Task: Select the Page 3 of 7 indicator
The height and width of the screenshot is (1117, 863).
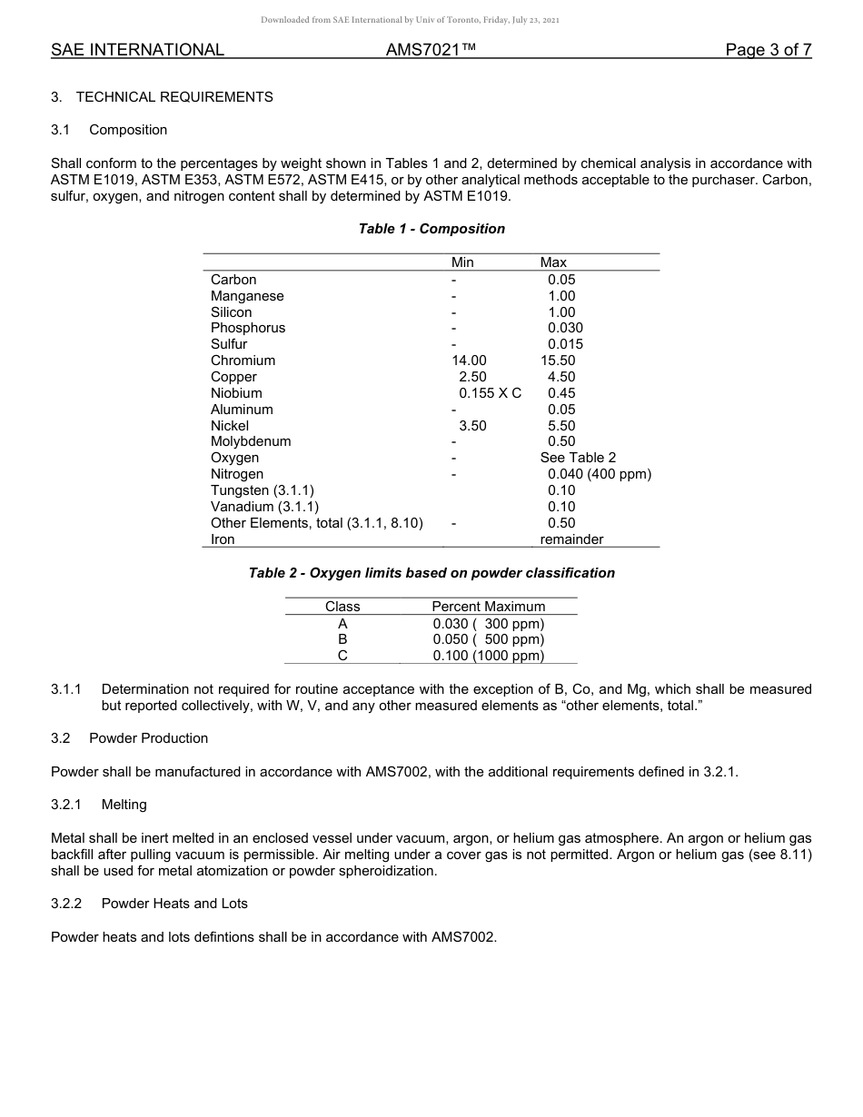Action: pyautogui.click(x=768, y=51)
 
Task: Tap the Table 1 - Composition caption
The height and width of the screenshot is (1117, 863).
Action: pyautogui.click(x=431, y=229)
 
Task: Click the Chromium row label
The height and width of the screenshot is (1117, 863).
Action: pyautogui.click(x=243, y=361)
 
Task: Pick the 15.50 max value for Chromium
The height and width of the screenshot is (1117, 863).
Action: pyautogui.click(x=558, y=361)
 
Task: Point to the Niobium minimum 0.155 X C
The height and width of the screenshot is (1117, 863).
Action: pyautogui.click(x=490, y=393)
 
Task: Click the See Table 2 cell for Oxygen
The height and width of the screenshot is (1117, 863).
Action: pyautogui.click(x=578, y=458)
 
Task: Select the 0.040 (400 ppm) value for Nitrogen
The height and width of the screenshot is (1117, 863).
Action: pyautogui.click(x=600, y=474)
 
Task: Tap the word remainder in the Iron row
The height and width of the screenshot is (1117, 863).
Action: pyautogui.click(x=571, y=539)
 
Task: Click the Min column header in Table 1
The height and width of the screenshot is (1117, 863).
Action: pyautogui.click(x=462, y=262)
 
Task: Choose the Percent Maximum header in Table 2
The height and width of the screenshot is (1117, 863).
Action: pyautogui.click(x=489, y=607)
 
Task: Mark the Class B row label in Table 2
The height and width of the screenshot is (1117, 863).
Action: pyautogui.click(x=342, y=639)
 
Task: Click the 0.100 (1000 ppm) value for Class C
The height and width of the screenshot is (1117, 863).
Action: pyautogui.click(x=489, y=656)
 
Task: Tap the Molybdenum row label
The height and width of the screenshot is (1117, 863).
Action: pyautogui.click(x=251, y=441)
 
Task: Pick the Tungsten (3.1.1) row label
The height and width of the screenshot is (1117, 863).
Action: pyautogui.click(x=263, y=490)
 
